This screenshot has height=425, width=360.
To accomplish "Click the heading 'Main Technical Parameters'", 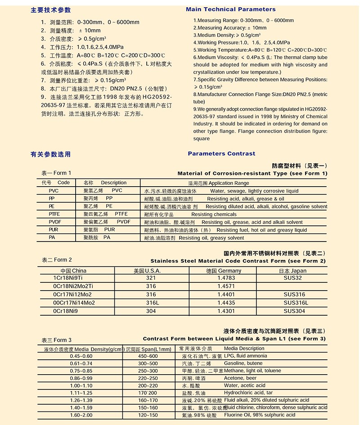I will pos(231,9).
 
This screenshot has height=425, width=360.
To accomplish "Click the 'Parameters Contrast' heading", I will pos(221,153).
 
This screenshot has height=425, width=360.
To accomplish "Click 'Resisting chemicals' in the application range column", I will pos(214,215).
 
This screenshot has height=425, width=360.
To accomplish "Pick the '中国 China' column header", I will pos(73,271).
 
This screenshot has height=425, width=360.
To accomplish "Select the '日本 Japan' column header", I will pos(292,271).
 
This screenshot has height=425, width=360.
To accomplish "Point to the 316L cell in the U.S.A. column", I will pos(151,303).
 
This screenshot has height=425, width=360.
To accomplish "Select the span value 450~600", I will pos(148,356).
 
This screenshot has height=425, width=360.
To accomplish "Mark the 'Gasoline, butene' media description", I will pos(243,363).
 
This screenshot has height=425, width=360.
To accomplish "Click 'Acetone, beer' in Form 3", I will pos(240,378).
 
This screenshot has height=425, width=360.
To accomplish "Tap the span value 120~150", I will pos(148,415).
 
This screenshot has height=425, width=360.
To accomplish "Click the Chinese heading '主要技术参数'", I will pos(50,10).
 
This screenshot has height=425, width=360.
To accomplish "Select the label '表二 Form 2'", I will pos(57,260).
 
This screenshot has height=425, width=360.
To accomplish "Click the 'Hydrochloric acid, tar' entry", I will pos(248,393).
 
